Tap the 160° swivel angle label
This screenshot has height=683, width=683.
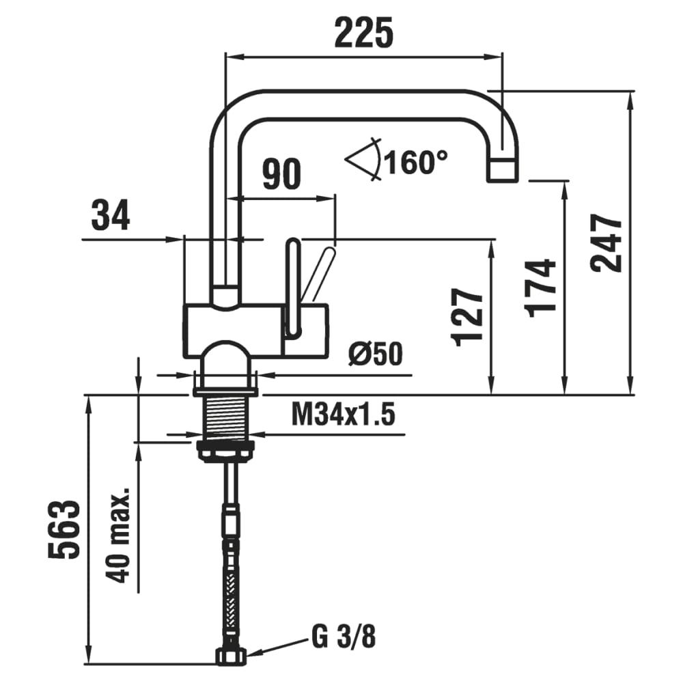coord(416,163)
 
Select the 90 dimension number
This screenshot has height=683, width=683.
coord(281,175)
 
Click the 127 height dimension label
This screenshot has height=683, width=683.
coord(469,316)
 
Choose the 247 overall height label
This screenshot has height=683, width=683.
coord(607,243)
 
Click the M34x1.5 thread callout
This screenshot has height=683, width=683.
coord(344,414)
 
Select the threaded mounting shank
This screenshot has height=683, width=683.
coord(226,417)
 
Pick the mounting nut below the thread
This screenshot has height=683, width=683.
coord(226,451)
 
